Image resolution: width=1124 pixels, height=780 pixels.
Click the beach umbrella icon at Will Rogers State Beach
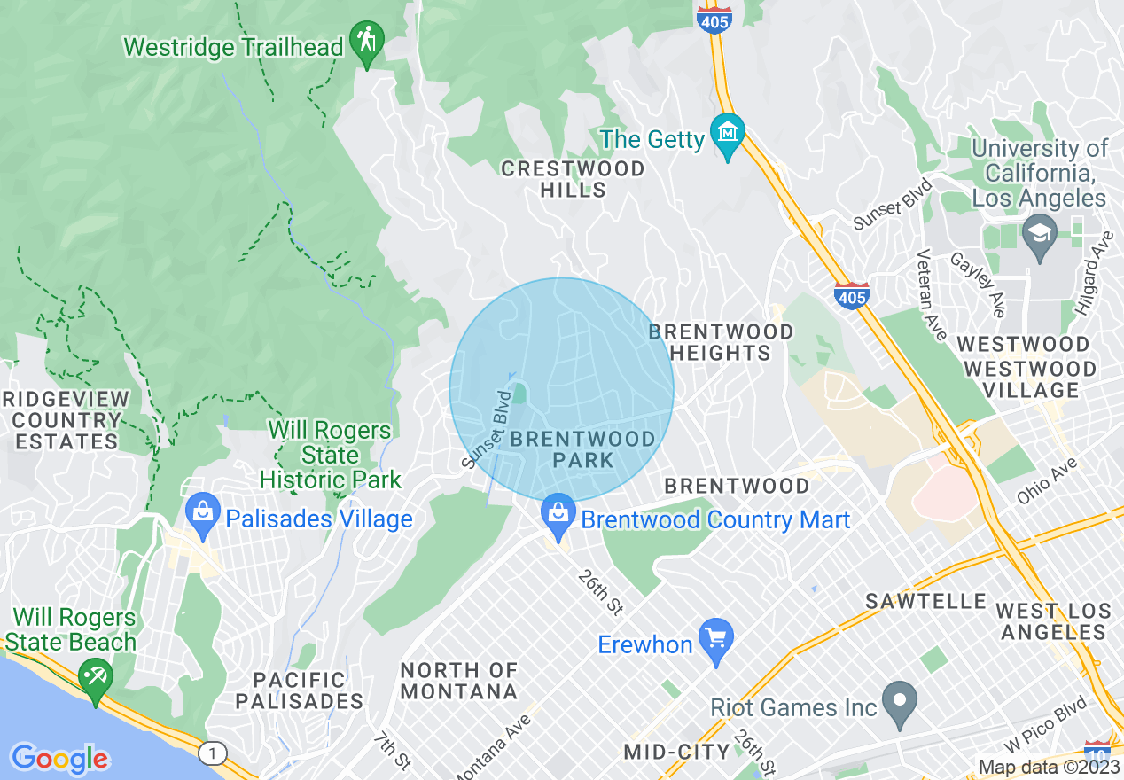pyautogui.click(x=91, y=677)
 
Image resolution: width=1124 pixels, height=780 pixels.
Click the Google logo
pyautogui.click(x=59, y=759)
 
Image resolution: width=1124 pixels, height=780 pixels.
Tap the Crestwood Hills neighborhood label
pyautogui.click(x=574, y=179)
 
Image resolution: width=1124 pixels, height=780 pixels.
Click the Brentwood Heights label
pyautogui.click(x=721, y=342)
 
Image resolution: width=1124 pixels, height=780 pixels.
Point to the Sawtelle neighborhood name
pyautogui.click(x=926, y=602)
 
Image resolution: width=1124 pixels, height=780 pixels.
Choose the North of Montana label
pyautogui.click(x=458, y=681)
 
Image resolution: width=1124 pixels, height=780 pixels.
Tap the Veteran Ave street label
pyautogui.click(x=928, y=290)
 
